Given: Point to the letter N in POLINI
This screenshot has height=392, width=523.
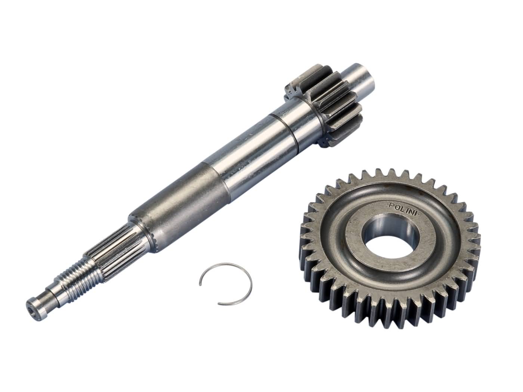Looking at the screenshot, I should [x=411, y=212].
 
